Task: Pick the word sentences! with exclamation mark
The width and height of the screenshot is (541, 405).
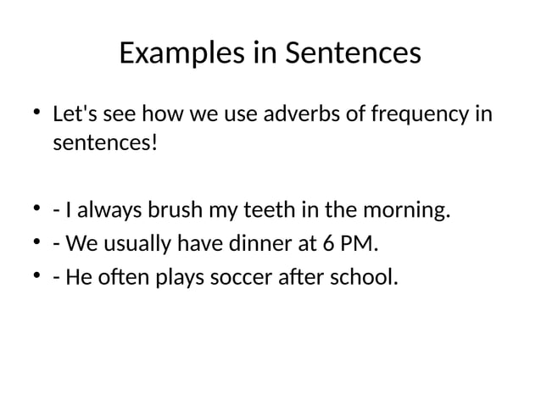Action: tap(105, 141)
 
